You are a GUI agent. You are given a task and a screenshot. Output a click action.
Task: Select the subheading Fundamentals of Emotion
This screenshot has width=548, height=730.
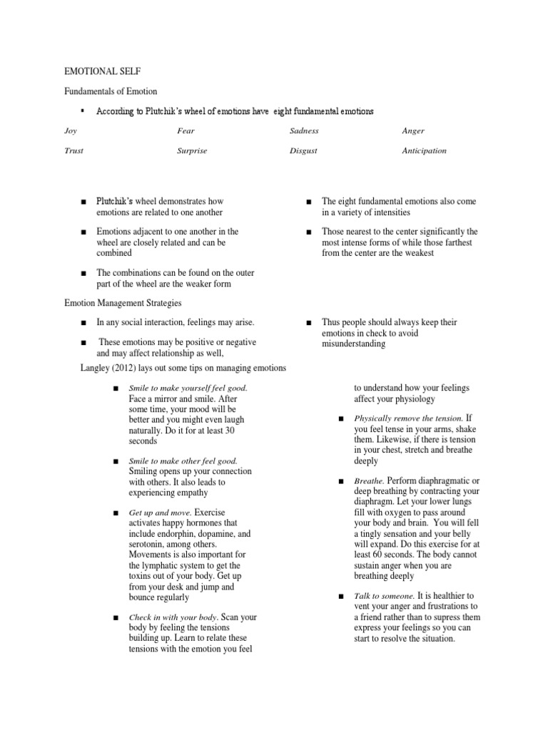111,91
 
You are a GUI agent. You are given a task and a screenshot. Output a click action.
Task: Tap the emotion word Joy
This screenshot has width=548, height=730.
70,131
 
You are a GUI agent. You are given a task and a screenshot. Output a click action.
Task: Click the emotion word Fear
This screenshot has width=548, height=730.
186,131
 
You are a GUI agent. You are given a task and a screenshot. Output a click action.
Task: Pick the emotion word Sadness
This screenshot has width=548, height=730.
304,131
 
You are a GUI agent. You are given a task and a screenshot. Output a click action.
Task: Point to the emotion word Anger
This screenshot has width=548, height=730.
413,131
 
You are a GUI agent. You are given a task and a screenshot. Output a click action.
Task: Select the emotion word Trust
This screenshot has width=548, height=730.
73,151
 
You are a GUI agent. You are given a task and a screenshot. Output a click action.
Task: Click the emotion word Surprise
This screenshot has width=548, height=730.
192,151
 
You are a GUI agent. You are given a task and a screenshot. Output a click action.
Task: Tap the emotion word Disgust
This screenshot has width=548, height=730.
303,151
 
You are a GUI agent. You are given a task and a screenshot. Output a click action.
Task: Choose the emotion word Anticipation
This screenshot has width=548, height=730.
424,151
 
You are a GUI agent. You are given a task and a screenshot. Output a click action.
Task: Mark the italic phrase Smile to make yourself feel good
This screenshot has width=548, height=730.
188,388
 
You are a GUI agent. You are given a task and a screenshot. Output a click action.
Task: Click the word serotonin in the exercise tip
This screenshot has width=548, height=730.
149,545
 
